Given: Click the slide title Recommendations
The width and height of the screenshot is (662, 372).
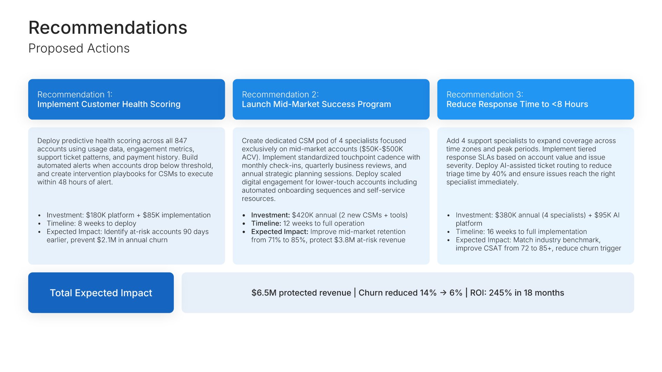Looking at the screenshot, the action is pos(108,28).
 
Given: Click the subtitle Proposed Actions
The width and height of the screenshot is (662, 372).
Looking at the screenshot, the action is pos(79,49).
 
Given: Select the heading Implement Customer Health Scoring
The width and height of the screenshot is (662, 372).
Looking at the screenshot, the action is pos(109,104).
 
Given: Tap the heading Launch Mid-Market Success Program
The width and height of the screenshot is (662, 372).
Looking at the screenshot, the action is pos(317,104).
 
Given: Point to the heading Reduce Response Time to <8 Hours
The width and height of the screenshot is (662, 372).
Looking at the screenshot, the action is pos(517,104).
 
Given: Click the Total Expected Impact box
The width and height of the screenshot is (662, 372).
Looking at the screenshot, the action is pos(101,293).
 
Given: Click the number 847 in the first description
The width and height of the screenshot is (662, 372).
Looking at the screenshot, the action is pos(181,141).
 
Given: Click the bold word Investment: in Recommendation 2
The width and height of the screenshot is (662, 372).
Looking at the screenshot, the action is pos(271,215).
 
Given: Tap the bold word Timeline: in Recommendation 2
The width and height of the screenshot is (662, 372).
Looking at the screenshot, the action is pos(266,224).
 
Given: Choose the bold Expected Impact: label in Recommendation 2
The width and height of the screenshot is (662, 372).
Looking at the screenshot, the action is pos(280,232).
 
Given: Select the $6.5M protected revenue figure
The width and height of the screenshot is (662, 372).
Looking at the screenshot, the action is pos(264,293).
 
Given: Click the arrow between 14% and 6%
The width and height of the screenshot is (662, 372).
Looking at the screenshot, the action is pos(443,293).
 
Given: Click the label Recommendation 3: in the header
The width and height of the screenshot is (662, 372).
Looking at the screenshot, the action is pos(485,95).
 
